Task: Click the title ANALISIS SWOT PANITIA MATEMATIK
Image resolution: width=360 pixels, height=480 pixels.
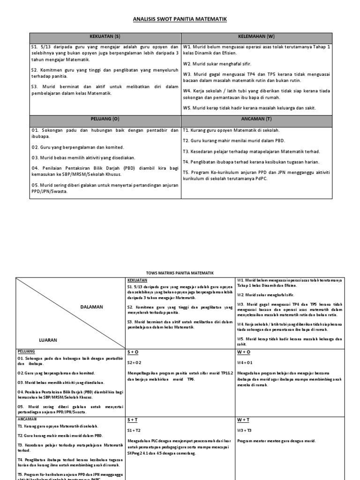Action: [x=180, y=19]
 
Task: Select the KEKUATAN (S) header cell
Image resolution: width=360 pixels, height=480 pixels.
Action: [x=105, y=36]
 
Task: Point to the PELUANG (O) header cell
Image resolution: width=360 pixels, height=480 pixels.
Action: [x=105, y=120]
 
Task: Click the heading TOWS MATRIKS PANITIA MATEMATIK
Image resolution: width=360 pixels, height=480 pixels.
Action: [x=180, y=272]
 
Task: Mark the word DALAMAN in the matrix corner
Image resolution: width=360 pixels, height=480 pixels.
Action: [x=91, y=307]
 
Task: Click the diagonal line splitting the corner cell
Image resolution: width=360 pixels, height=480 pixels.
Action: [x=70, y=312]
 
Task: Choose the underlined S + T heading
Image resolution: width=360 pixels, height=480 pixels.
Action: [x=132, y=420]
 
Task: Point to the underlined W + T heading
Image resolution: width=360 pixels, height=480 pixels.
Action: [x=243, y=420]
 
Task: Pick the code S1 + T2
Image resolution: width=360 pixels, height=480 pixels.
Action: [x=133, y=429]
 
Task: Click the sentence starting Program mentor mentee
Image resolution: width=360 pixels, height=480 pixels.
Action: [x=276, y=441]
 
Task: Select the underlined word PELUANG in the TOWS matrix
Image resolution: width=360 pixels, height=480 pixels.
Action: [x=26, y=351]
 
